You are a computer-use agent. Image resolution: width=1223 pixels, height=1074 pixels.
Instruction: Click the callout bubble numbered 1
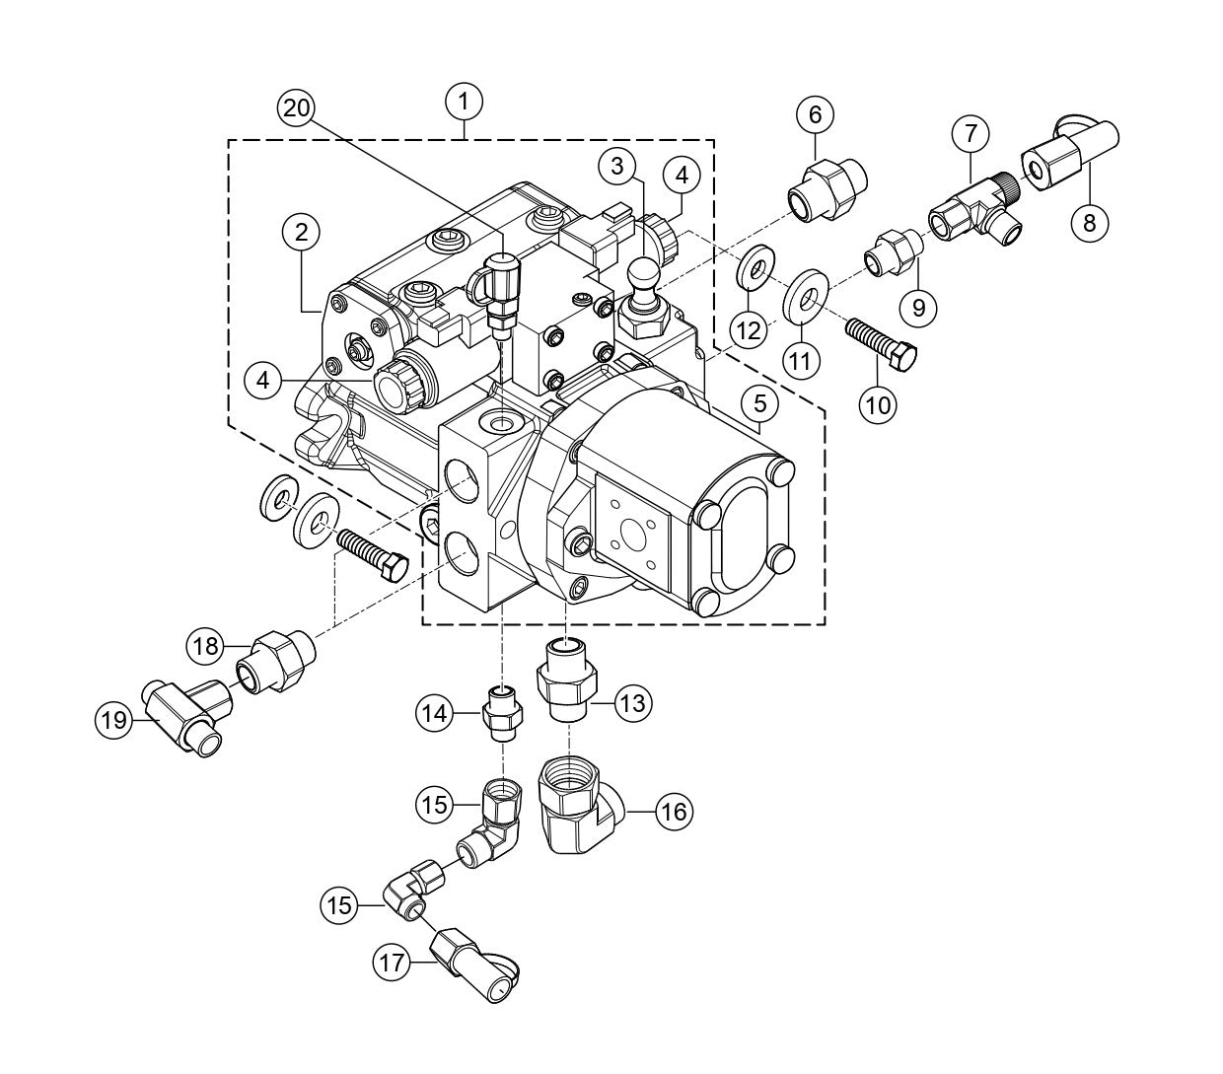pos(465,100)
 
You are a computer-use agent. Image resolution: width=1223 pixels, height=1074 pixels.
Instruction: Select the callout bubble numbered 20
pos(297,108)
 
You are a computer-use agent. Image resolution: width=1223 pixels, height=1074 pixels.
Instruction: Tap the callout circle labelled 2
pos(301,232)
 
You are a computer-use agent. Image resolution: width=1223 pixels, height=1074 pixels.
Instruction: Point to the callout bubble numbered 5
pos(760,403)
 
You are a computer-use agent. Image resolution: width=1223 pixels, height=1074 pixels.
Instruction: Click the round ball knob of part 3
pos(643,272)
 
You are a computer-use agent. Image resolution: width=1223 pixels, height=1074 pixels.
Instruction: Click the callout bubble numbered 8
pos(1090,223)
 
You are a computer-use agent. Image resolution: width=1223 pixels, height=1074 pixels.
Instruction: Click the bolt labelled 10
pos(880,341)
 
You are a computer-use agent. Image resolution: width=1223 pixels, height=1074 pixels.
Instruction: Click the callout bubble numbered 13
pos(633,703)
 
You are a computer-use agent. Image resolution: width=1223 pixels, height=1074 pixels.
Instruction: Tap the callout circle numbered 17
pos(393,962)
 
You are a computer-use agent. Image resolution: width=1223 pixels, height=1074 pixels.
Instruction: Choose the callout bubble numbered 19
pos(113,720)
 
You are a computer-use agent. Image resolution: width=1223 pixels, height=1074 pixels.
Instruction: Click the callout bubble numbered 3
pos(616,166)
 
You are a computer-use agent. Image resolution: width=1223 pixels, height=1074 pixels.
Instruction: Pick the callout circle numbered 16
pos(674,811)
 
